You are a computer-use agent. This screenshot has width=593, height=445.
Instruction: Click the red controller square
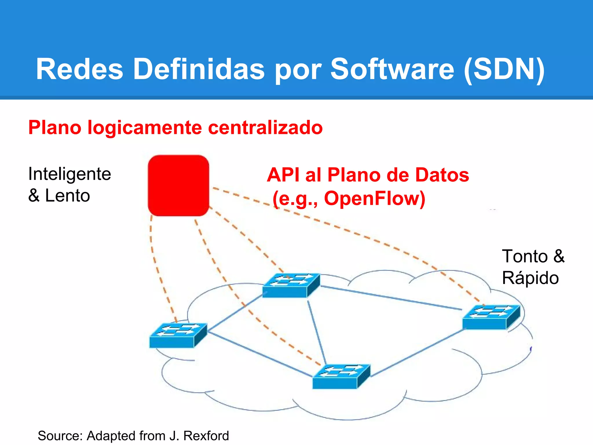(x=178, y=185)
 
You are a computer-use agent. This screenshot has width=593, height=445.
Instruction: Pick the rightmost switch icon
(x=491, y=317)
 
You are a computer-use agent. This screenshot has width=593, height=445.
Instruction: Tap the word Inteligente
(x=69, y=174)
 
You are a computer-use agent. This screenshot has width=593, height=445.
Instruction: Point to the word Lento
(x=67, y=196)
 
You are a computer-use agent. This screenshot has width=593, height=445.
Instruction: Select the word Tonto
(x=525, y=256)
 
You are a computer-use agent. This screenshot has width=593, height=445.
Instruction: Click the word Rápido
(x=530, y=278)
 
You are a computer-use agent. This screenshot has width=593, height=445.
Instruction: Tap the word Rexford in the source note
(x=206, y=436)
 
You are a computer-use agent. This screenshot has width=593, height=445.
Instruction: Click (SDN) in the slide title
(x=504, y=69)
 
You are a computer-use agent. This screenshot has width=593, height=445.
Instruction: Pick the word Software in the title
(x=392, y=69)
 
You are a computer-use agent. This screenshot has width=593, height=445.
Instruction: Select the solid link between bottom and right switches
(x=417, y=353)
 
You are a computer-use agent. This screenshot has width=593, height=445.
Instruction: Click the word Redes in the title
(x=80, y=69)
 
